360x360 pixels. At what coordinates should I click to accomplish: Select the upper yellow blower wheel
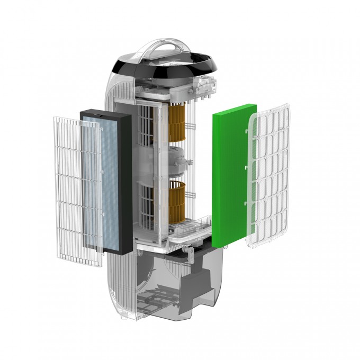[x=180, y=123]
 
